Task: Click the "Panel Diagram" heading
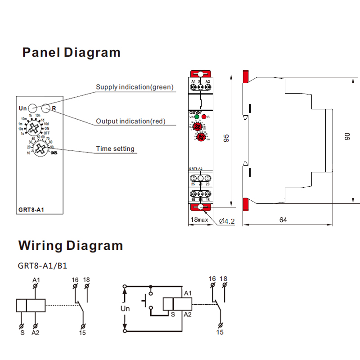click(72, 53)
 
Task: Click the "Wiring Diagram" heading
click(70, 246)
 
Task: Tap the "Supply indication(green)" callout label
click(135, 87)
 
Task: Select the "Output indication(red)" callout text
click(130, 121)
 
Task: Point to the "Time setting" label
click(115, 148)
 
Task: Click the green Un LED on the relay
click(197, 117)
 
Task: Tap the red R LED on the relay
click(204, 117)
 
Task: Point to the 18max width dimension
click(198, 220)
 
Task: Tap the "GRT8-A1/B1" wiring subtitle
click(42, 265)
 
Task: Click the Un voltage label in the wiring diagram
click(125, 309)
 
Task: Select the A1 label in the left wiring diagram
click(36, 280)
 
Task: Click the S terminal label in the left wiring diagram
click(22, 333)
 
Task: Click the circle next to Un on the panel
click(33, 108)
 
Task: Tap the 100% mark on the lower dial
click(54, 153)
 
